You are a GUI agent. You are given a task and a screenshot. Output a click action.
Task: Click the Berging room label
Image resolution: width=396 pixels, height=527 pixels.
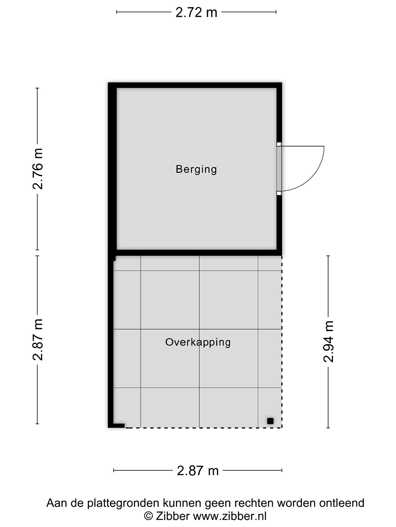point(196,170)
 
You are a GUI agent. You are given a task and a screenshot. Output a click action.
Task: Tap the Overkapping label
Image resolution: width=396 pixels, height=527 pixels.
point(198,342)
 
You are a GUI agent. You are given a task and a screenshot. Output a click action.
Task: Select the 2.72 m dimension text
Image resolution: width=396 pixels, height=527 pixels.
point(196,12)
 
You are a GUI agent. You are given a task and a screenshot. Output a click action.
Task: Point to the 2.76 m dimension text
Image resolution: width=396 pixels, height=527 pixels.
point(38,169)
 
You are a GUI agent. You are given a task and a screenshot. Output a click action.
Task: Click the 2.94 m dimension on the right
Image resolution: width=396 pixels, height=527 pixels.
point(329,342)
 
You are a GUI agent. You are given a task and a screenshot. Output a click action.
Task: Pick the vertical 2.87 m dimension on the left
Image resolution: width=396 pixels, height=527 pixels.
point(38,339)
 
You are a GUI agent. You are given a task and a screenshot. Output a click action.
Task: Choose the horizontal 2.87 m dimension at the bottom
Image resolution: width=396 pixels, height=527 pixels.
point(198,471)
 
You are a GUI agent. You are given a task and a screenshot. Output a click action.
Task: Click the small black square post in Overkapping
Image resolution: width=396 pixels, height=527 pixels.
point(270,421)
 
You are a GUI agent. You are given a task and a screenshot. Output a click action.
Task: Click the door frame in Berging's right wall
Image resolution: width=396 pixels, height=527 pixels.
point(279,169)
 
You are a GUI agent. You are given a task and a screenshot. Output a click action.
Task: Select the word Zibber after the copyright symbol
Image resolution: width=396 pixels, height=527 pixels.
point(173,516)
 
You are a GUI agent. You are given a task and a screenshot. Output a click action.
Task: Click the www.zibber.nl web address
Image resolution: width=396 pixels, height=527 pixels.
point(230,516)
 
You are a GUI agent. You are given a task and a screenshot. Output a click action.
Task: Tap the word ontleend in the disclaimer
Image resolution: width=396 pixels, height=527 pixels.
point(342,503)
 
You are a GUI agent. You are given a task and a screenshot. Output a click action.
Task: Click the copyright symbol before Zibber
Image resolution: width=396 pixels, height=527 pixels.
point(148,516)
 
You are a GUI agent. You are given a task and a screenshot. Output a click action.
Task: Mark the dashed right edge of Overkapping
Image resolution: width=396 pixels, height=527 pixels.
point(282,341)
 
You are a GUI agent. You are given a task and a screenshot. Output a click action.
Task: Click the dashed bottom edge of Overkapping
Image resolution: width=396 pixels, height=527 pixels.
point(203,428)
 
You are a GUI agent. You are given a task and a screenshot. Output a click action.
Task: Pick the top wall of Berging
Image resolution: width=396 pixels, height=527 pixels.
point(195,85)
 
